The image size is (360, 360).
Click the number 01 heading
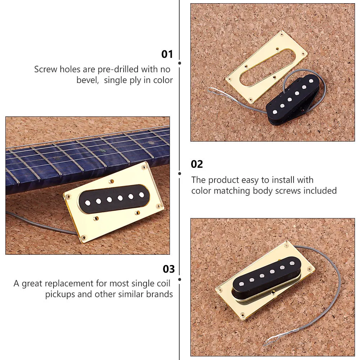coord(167,54)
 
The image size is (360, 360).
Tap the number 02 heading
coord(197,164)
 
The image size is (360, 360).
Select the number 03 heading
coord(169,269)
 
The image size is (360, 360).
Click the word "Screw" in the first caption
coord(46,69)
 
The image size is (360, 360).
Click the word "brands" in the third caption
coord(159,294)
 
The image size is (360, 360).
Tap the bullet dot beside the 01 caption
coord(180,63)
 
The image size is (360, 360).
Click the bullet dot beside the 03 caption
coord(180,279)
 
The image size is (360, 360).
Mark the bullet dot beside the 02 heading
coord(180,173)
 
